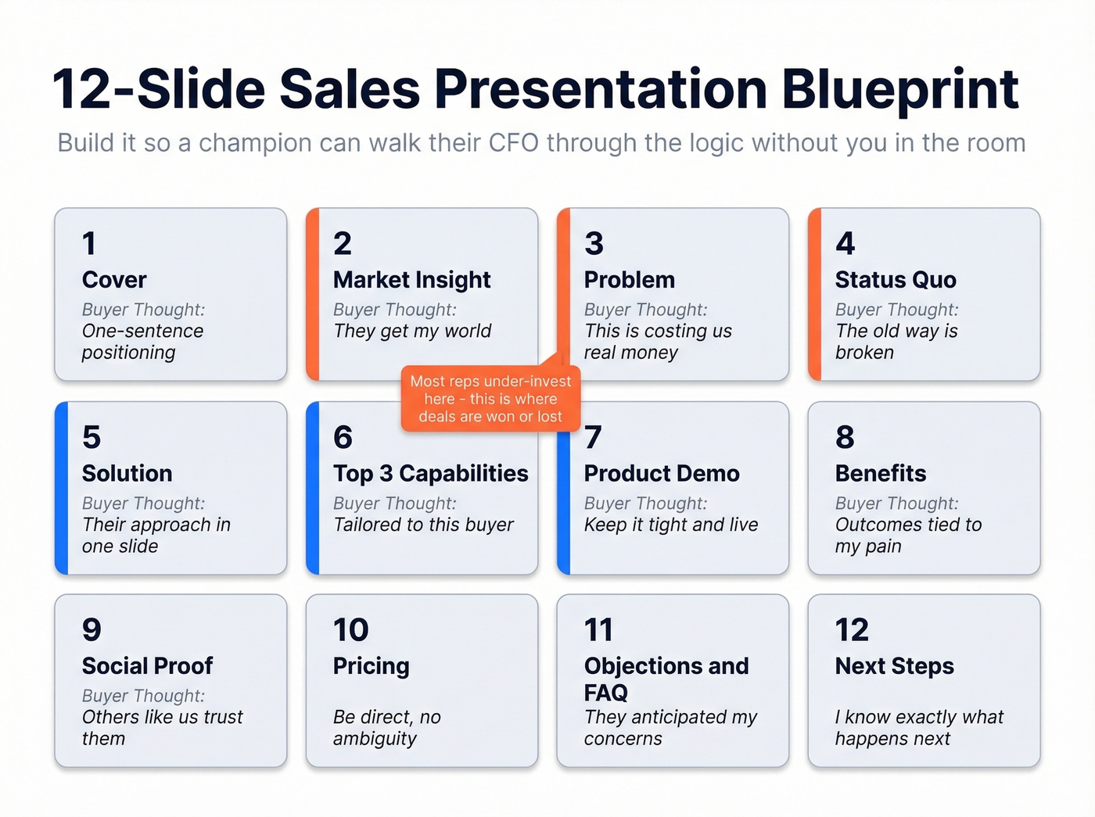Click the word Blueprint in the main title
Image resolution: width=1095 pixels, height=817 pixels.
[899, 88]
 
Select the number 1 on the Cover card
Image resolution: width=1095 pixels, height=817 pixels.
[89, 244]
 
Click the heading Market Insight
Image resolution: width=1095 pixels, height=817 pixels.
[411, 280]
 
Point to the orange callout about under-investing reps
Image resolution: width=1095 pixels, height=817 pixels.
[490, 399]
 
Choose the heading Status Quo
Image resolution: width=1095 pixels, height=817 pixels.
[895, 280]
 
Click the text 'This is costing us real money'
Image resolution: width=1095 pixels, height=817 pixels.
[657, 342]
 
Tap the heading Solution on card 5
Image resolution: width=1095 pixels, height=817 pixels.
[127, 474]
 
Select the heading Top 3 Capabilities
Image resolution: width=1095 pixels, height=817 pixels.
[430, 474]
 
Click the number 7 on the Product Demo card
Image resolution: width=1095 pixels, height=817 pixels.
[593, 438]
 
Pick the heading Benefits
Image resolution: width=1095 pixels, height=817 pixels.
[880, 474]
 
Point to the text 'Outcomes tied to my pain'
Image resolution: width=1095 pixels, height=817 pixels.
[907, 536]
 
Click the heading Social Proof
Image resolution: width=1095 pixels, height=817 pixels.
[147, 666]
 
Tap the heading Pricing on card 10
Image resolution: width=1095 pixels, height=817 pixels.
[371, 666]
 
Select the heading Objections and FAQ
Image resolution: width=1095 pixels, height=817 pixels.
[665, 679]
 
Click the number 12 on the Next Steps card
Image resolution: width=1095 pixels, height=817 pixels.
[851, 630]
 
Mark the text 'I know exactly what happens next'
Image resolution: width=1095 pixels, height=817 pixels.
[918, 728]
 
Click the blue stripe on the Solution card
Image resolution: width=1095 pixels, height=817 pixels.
[62, 489]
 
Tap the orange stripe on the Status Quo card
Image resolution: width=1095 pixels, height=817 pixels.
[814, 295]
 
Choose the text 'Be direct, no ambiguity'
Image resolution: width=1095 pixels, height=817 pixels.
[386, 728]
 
